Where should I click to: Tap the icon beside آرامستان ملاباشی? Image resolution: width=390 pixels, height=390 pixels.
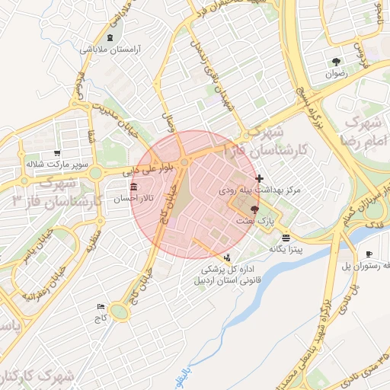coord(111,38)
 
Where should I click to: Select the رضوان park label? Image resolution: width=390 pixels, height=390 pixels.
coord(336,74)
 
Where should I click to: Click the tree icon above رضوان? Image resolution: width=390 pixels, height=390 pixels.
coord(336,62)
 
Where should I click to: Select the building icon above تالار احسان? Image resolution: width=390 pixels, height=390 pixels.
coord(134,187)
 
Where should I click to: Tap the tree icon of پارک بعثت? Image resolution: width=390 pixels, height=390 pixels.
coord(254,209)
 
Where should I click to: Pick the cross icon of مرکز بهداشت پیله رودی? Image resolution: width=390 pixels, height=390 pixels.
coord(260,177)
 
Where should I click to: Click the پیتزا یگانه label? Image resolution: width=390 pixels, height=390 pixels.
coord(286,249)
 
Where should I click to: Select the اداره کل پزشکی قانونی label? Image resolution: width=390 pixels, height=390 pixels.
coord(226,275)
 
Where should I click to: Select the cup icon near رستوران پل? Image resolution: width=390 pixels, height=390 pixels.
coord(369,254)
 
